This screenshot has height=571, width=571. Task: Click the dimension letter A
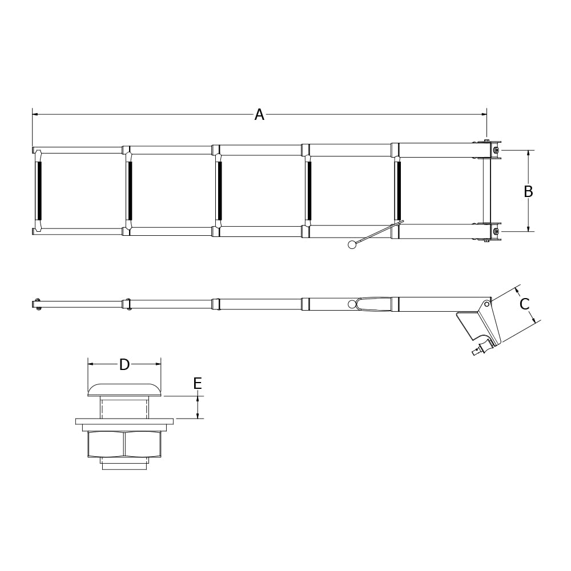pyautogui.click(x=259, y=115)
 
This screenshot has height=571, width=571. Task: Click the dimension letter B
pyautogui.click(x=528, y=192)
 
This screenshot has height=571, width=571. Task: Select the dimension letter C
pyautogui.click(x=524, y=304)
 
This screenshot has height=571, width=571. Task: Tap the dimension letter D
pyautogui.click(x=124, y=364)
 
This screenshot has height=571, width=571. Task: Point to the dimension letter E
pyautogui.click(x=198, y=384)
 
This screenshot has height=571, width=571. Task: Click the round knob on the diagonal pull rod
pyautogui.click(x=352, y=245)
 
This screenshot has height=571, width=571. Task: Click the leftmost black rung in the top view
pyautogui.click(x=39, y=191)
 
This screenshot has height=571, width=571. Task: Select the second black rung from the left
pyautogui.click(x=130, y=191)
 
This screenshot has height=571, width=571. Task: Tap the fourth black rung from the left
pyautogui.click(x=309, y=191)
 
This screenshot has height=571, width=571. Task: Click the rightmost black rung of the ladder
pyautogui.click(x=398, y=191)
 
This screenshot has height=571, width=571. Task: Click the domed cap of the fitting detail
pyautogui.click(x=124, y=390)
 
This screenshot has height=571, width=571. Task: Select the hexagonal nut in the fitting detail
pyautogui.click(x=124, y=444)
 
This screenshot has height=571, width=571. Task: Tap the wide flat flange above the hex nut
pyautogui.click(x=124, y=421)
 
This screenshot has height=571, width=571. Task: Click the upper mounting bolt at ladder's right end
pyautogui.click(x=496, y=150)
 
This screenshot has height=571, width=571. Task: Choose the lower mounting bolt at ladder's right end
pyautogui.click(x=496, y=231)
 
